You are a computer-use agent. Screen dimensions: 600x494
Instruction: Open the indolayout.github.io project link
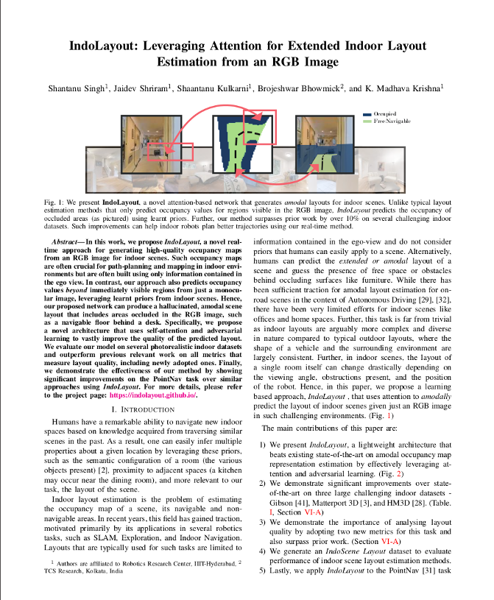pos(152,395)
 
